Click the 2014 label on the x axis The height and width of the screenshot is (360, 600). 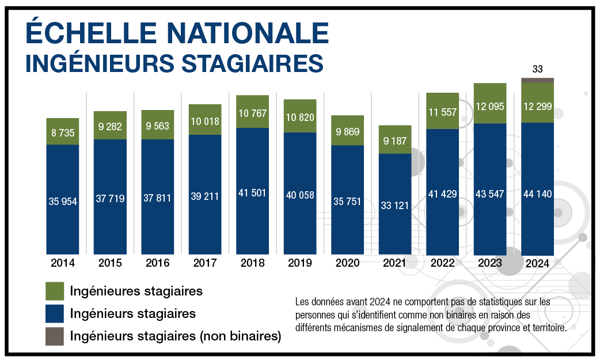(x=63, y=263)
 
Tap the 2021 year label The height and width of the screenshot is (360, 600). (x=394, y=263)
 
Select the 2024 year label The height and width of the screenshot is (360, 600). (x=537, y=264)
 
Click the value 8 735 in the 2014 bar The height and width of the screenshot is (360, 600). (x=63, y=132)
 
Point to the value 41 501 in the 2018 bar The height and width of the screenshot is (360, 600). (x=252, y=193)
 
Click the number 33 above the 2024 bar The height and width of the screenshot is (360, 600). (x=537, y=69)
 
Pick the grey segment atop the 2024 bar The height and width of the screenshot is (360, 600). (x=537, y=80)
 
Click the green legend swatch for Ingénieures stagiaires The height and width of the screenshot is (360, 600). (x=54, y=291)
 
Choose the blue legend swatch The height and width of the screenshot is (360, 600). (x=54, y=314)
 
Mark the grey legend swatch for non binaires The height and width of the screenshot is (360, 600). (x=54, y=337)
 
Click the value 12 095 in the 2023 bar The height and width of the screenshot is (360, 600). (x=490, y=106)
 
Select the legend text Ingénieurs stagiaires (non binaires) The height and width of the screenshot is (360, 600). (x=175, y=336)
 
